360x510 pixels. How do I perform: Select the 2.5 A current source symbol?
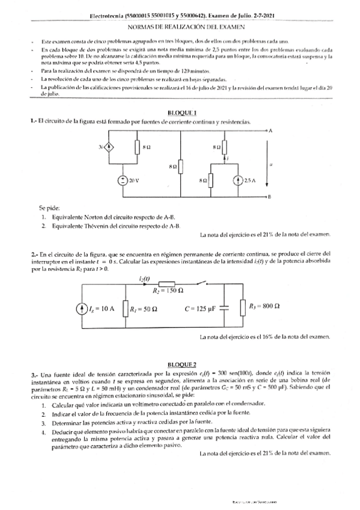point(234,180)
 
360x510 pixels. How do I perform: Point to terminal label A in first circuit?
point(271,130)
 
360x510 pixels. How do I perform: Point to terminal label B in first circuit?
point(270,197)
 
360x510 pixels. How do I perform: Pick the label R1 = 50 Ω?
point(143,309)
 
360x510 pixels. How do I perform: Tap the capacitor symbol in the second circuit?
point(225,308)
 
